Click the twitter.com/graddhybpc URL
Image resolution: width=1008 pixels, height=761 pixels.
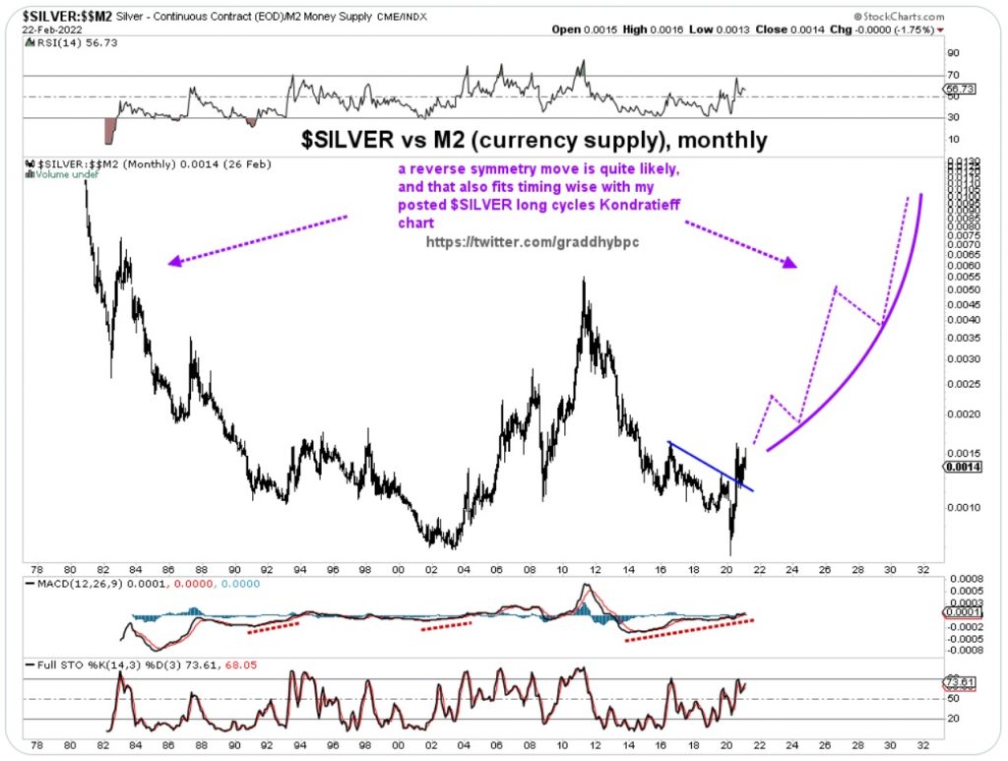[533, 241]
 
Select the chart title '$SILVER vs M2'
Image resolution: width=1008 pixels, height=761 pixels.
[533, 139]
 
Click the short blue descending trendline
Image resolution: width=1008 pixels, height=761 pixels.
[710, 465]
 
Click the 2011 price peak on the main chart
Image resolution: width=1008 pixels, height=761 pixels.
[585, 281]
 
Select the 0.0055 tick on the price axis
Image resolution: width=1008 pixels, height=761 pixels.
[960, 278]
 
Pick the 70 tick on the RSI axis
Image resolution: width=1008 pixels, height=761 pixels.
[952, 75]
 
